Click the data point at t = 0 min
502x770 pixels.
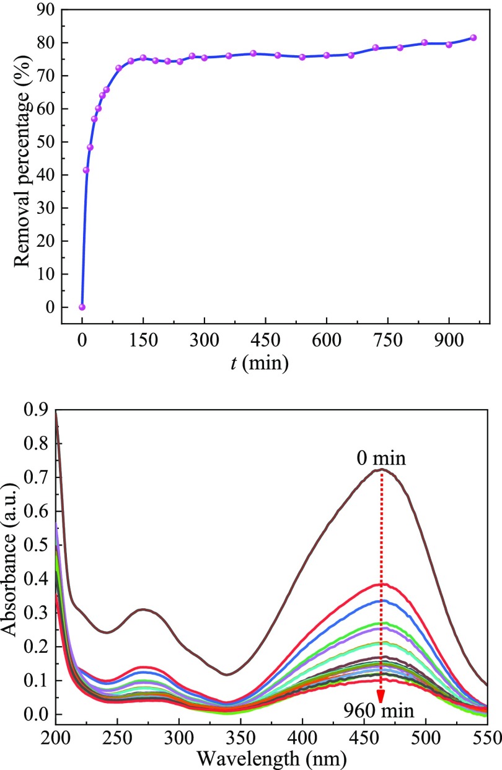tap(82, 307)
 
